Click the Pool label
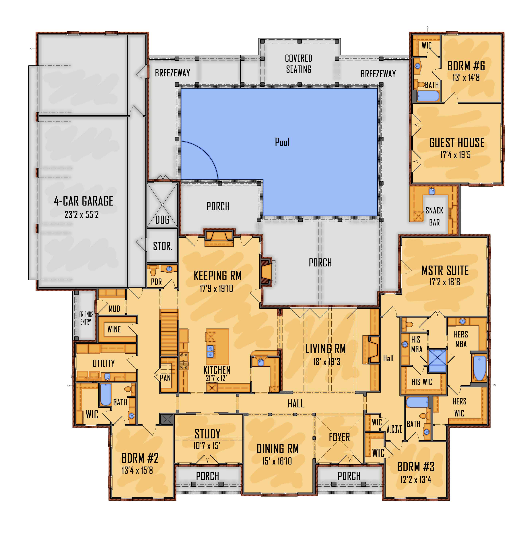[x=282, y=142]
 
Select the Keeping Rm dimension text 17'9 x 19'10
[x=216, y=288]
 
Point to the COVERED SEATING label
[x=299, y=63]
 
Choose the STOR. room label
[x=163, y=246]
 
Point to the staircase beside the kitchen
[x=169, y=332]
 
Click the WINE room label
[x=114, y=329]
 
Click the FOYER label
[x=339, y=437]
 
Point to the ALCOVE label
[x=394, y=429]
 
